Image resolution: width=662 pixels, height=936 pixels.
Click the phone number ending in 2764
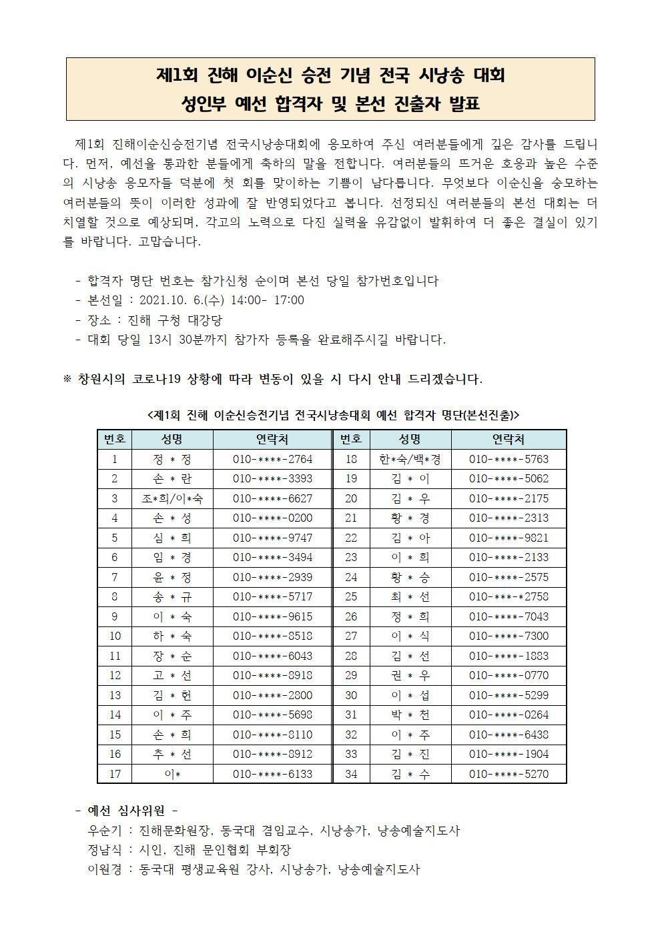272,459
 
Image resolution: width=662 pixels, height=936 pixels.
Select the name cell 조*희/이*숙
172,498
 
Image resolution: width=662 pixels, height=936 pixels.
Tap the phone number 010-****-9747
272,538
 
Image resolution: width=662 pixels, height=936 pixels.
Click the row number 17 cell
115,774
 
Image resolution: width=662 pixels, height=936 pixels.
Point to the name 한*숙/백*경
410,459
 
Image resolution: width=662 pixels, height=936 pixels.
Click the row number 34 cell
351,774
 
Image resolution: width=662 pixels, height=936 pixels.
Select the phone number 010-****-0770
509,675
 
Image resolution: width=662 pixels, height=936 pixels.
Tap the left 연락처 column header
272,439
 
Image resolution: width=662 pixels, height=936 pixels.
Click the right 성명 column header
410,439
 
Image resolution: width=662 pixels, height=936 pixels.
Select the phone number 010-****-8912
272,754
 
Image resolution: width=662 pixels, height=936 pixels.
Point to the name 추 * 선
172,754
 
